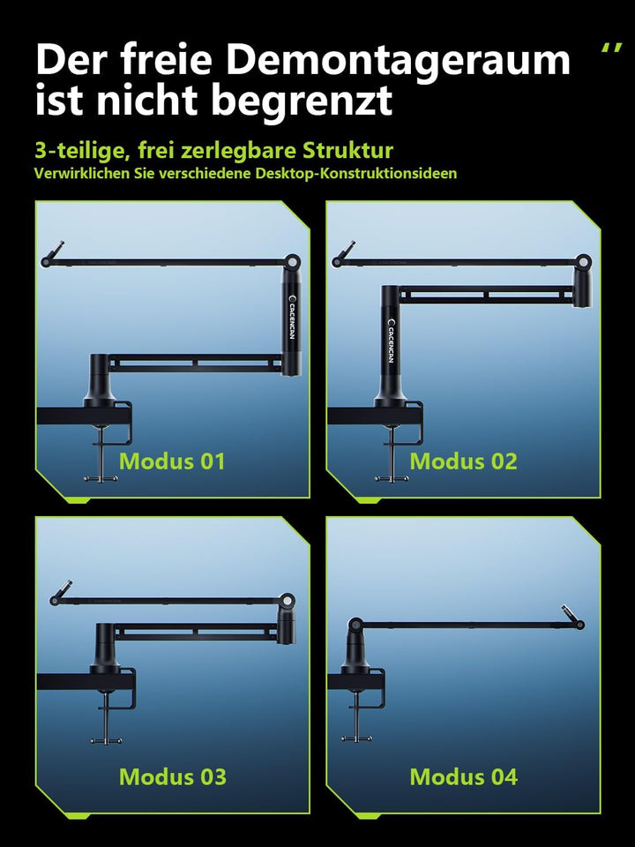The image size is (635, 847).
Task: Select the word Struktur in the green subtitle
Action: [x=347, y=151]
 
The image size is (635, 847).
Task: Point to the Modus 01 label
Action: [x=172, y=461]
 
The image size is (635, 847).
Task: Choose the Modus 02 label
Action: [x=463, y=461]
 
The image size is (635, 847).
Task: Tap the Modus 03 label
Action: [x=172, y=776]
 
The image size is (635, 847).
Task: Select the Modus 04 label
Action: [x=463, y=776]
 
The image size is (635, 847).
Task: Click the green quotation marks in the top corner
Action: [x=611, y=48]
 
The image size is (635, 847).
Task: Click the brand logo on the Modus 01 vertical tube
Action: [x=292, y=318]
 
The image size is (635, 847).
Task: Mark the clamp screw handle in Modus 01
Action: [x=101, y=478]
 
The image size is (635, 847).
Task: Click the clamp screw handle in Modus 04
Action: [x=356, y=738]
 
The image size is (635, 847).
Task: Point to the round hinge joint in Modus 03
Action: [x=288, y=601]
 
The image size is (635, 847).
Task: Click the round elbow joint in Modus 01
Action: [x=292, y=262]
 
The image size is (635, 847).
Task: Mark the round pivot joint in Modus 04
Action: [x=355, y=626]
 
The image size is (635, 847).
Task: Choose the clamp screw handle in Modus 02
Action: [x=392, y=478]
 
